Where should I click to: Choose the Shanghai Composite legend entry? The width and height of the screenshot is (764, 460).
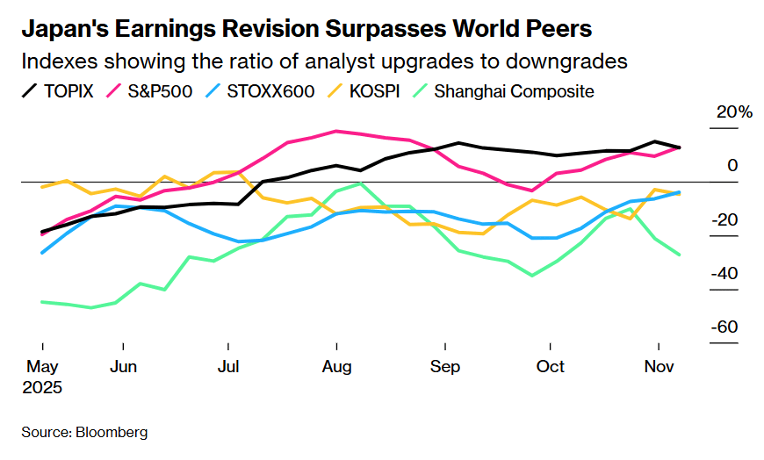(513, 90)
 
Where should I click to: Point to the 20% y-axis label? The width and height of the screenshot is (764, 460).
(734, 112)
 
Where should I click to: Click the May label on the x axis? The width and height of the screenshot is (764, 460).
(41, 366)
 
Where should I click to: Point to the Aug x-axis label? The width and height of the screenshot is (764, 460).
(336, 366)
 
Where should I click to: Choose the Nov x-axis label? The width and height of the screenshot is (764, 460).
(658, 366)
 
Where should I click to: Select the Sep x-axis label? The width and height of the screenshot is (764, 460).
(445, 366)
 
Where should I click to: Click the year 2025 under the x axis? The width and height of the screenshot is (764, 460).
(43, 386)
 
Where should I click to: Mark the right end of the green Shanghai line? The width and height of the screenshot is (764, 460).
(679, 255)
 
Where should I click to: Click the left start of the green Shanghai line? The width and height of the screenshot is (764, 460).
(41, 302)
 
